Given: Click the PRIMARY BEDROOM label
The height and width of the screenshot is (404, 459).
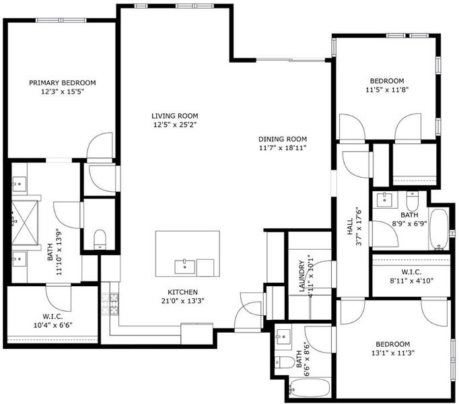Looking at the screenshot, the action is pyautogui.click(x=63, y=83).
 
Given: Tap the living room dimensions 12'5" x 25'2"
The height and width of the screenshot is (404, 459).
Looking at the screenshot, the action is pyautogui.click(x=175, y=125).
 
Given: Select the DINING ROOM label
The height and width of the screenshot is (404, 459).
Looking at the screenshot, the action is pyautogui.click(x=283, y=139).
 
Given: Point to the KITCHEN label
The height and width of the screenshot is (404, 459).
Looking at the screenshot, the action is pyautogui.click(x=182, y=292).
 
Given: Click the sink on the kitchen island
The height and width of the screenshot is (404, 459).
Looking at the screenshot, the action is pyautogui.click(x=184, y=267).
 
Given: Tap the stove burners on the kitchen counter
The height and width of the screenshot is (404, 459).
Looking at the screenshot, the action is pyautogui.click(x=110, y=304).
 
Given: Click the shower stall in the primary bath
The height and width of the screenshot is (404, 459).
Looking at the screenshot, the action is pyautogui.click(x=25, y=222).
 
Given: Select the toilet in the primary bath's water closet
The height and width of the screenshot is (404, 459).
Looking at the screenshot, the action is pyautogui.click(x=100, y=239).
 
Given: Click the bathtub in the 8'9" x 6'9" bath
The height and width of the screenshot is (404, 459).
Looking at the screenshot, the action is pyautogui.click(x=439, y=229).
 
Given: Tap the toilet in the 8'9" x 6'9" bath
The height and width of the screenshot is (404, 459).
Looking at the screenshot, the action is pyautogui.click(x=413, y=199).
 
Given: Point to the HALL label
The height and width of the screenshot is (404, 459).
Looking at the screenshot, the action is pyautogui.click(x=350, y=226).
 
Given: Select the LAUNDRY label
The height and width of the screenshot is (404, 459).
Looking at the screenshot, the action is pyautogui.click(x=302, y=276).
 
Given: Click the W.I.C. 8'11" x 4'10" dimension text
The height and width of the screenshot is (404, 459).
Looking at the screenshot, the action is pyautogui.click(x=412, y=281).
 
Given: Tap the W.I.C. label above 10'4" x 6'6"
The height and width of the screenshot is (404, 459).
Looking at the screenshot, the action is pyautogui.click(x=52, y=316).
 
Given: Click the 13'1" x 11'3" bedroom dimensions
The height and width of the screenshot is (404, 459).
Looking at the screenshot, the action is pyautogui.click(x=393, y=353).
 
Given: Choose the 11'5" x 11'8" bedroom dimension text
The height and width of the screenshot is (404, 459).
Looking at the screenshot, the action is pyautogui.click(x=387, y=90).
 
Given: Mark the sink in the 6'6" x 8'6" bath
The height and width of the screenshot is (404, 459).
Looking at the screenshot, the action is pyautogui.click(x=283, y=337).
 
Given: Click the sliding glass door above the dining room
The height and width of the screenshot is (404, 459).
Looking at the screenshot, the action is pyautogui.click(x=291, y=61).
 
